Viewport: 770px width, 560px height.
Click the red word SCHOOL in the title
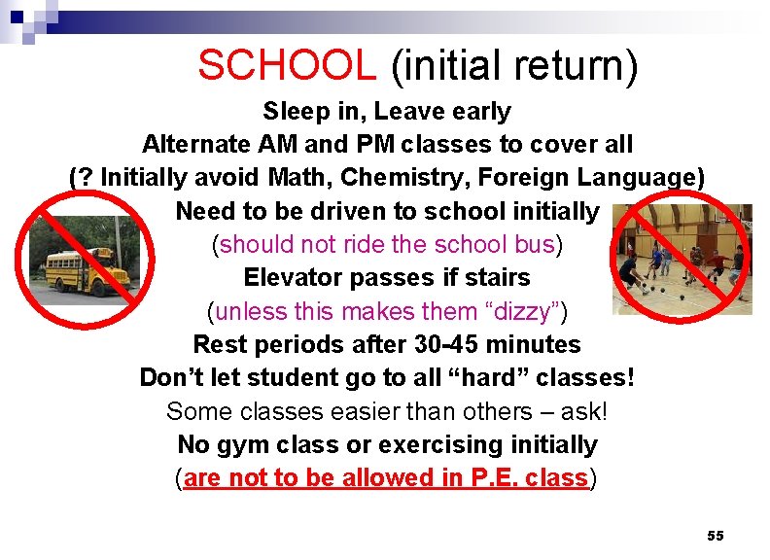[287, 65]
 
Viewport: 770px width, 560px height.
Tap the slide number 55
[716, 536]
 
